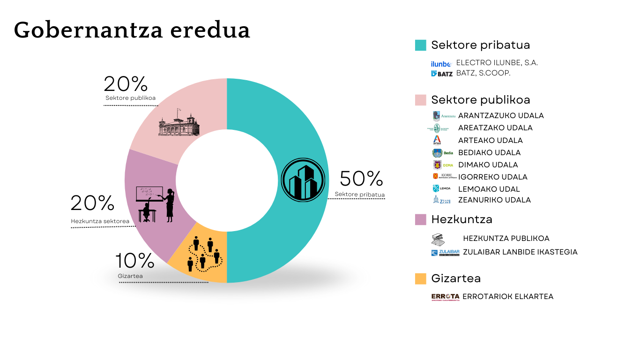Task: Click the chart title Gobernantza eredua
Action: [x=132, y=30]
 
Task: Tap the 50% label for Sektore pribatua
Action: [x=361, y=179]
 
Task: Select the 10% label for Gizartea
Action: [x=134, y=262]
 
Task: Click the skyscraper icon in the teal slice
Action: [x=303, y=180]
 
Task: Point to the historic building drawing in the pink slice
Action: [x=178, y=124]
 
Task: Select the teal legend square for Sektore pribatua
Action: [x=420, y=45]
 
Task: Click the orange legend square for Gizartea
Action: [x=420, y=278]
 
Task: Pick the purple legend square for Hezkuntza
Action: [x=420, y=219]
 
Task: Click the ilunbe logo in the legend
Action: [x=441, y=63]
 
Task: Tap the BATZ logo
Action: [x=441, y=74]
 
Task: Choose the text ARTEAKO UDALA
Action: [x=490, y=140]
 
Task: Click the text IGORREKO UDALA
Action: [x=493, y=177]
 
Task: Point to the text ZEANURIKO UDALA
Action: [x=494, y=200]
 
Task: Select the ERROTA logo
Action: [x=445, y=297]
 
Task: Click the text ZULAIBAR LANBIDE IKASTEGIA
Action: [x=520, y=252]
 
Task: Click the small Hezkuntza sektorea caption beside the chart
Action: [x=100, y=221]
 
